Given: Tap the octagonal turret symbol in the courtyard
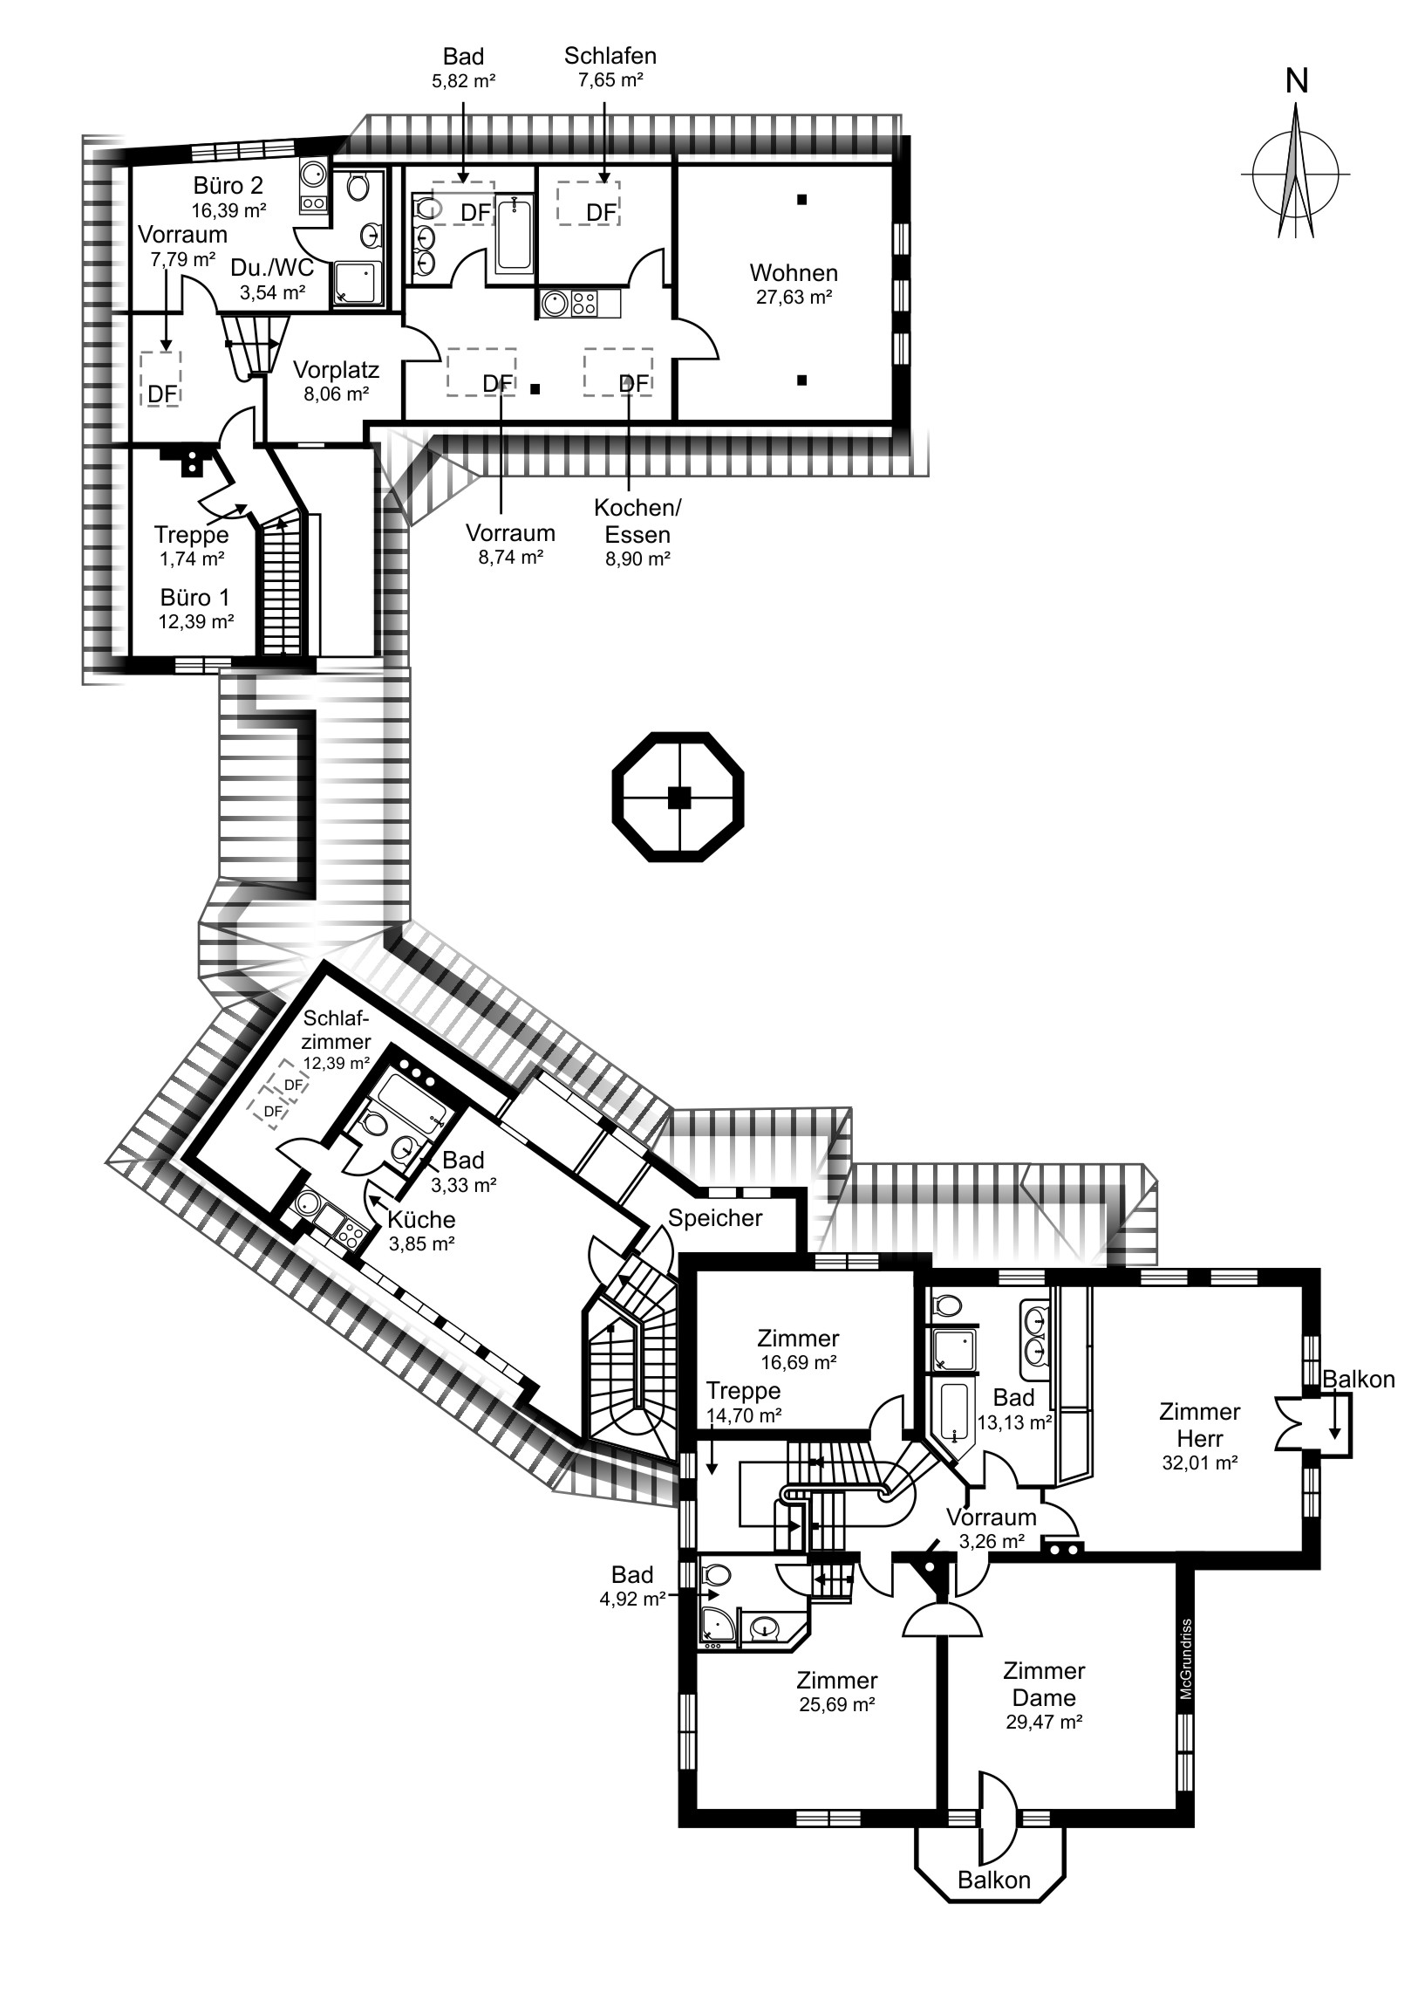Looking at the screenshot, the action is [x=678, y=797].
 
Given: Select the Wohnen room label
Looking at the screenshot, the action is [x=794, y=273].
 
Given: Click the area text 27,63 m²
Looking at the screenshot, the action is [x=794, y=298].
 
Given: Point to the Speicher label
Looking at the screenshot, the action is [x=716, y=1217].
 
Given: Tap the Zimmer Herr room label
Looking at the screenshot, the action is [x=1200, y=1425].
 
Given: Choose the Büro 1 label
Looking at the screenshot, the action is [x=194, y=598].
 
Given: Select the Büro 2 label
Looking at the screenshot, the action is [x=228, y=185].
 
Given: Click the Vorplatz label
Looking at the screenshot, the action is [x=336, y=370].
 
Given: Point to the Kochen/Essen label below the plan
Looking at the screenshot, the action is [x=637, y=521].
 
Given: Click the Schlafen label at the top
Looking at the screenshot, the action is [x=610, y=56].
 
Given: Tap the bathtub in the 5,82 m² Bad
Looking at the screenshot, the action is [x=515, y=234].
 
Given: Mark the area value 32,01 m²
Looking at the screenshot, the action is [x=1200, y=1462].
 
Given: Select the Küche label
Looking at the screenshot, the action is [x=421, y=1219].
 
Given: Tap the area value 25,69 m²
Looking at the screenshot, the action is [x=837, y=1703].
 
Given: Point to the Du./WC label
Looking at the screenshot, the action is [x=272, y=268].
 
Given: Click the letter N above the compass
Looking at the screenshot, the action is [x=1297, y=81].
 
